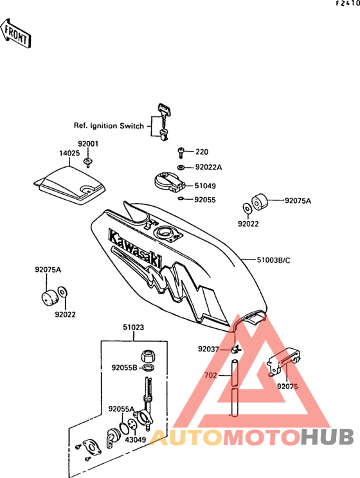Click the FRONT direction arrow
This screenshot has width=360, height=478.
pos(15,33)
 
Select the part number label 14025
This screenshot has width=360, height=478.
pos(69,154)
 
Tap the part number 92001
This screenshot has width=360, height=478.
pos(88,143)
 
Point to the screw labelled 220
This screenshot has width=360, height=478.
pos(181,152)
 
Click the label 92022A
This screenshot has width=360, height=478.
pos(209,167)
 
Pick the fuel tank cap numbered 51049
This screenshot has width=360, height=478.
pos(169,182)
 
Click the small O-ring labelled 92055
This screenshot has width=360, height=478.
pos(180,199)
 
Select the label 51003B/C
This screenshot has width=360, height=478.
pos(273,260)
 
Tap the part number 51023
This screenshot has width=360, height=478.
pos(133,327)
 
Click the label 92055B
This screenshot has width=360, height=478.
pos(124,367)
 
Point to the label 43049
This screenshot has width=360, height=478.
pos(136,439)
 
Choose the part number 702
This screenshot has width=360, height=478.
pos(210,375)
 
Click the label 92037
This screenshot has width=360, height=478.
pos(208,349)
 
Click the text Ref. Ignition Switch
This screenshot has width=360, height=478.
pos(109,125)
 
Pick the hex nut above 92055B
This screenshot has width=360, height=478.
pos(148,355)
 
